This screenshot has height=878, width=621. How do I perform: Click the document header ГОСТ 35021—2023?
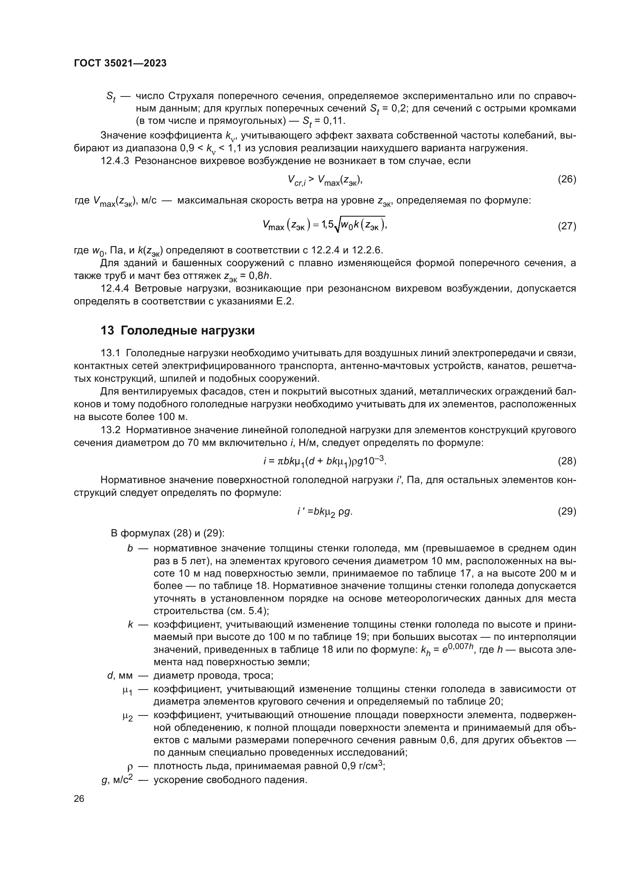pyautogui.click(x=120, y=63)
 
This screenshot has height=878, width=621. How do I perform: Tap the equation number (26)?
pyautogui.click(x=567, y=179)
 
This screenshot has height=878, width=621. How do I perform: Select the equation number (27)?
pyautogui.click(x=567, y=226)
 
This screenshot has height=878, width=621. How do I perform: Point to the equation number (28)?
pyautogui.click(x=567, y=461)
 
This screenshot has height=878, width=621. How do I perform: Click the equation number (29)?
pyautogui.click(x=567, y=511)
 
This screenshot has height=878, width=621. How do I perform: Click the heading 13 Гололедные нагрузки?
pyautogui.click(x=178, y=330)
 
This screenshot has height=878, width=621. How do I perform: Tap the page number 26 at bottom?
pyautogui.click(x=79, y=798)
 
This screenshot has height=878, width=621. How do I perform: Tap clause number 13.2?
pyautogui.click(x=110, y=430)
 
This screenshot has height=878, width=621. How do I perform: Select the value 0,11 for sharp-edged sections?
pyautogui.click(x=334, y=121)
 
